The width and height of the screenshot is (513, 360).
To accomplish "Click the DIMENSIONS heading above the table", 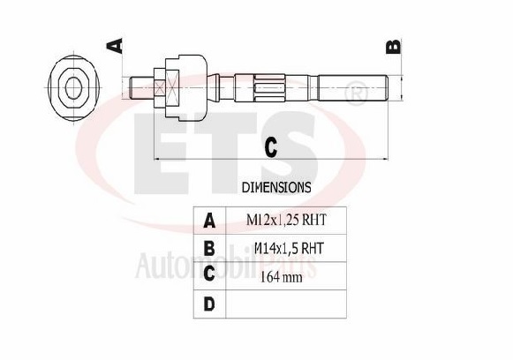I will [x=275, y=188].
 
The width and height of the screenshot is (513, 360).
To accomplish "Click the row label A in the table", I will [x=209, y=220].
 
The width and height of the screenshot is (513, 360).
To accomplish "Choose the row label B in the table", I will [x=209, y=248].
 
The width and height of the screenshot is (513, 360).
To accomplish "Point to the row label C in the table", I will [x=209, y=275].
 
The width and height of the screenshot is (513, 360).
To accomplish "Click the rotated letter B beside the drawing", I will [x=394, y=45].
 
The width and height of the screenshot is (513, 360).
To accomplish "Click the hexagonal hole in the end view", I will [x=75, y=86].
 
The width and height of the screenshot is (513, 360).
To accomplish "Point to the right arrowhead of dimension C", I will [x=384, y=159].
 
